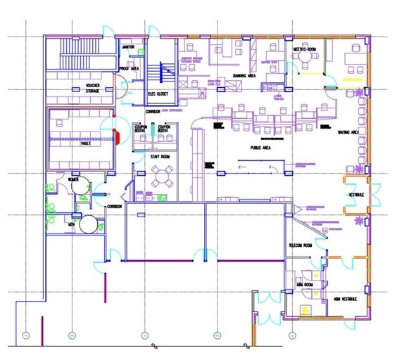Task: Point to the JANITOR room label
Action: (x=128, y=46)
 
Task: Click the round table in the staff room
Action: (x=164, y=176)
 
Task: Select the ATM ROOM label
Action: (x=304, y=284)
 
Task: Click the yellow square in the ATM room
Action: (x=305, y=309)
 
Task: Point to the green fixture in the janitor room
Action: (x=141, y=51)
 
